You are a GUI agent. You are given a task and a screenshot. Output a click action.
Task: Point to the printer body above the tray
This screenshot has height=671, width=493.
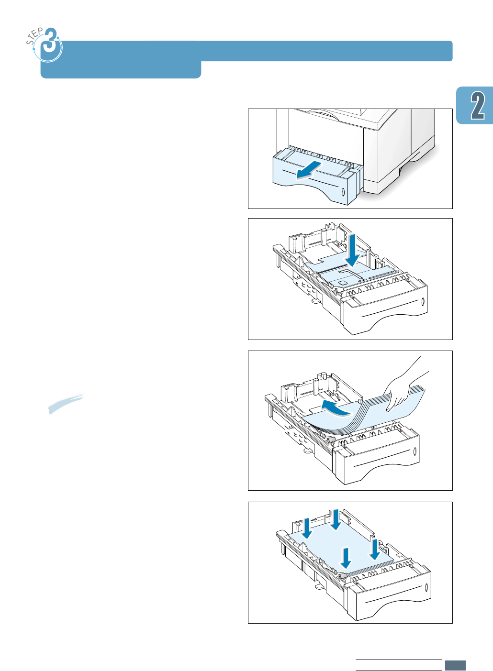pyautogui.click(x=364, y=139)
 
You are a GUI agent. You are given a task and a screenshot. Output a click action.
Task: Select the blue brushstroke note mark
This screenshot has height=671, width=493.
pyautogui.click(x=66, y=403)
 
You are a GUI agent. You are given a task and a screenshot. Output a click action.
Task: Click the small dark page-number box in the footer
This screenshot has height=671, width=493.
pyautogui.click(x=455, y=665)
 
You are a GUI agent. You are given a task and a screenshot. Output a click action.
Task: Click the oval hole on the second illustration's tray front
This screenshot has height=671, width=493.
pyautogui.click(x=423, y=302)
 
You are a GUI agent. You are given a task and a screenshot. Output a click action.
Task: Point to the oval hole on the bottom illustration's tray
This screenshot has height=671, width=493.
pyautogui.click(x=426, y=588)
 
